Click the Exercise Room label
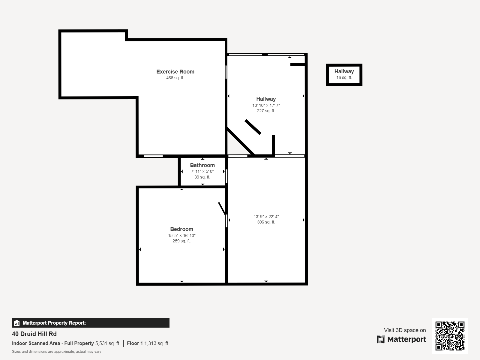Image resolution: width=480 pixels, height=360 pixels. pos(175,72)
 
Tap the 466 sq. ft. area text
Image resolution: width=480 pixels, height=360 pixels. pos(175,78)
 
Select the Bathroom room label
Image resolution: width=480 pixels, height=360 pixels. pos(202,165)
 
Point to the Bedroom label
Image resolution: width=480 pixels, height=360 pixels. pos(181,229)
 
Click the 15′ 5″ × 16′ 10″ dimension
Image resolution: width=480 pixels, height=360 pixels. pos(181,236)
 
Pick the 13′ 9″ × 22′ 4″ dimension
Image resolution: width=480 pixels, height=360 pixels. pos(266,217)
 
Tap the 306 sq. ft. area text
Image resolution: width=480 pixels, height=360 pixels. pos(266,222)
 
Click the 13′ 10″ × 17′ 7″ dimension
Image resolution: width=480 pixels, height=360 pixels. pos(266,105)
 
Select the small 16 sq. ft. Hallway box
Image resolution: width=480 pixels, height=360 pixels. pos(344,75)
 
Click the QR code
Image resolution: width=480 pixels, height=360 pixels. pos(450,336)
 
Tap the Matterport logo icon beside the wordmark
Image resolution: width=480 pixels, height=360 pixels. pos(381,339)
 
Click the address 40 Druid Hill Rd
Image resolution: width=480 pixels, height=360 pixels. pos(34,334)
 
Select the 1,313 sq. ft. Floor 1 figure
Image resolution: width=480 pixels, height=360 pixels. pos(157,343)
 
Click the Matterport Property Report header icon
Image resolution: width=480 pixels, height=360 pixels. pos(17,323)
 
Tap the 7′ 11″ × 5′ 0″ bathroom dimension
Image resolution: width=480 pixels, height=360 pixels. pos(202,172)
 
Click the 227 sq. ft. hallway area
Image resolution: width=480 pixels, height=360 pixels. pos(266,111)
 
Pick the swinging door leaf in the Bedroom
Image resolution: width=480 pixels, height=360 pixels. pos(222,208)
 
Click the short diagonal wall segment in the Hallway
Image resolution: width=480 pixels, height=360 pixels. pos(253,127)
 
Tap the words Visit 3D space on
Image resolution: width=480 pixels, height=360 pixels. pos(405,330)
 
